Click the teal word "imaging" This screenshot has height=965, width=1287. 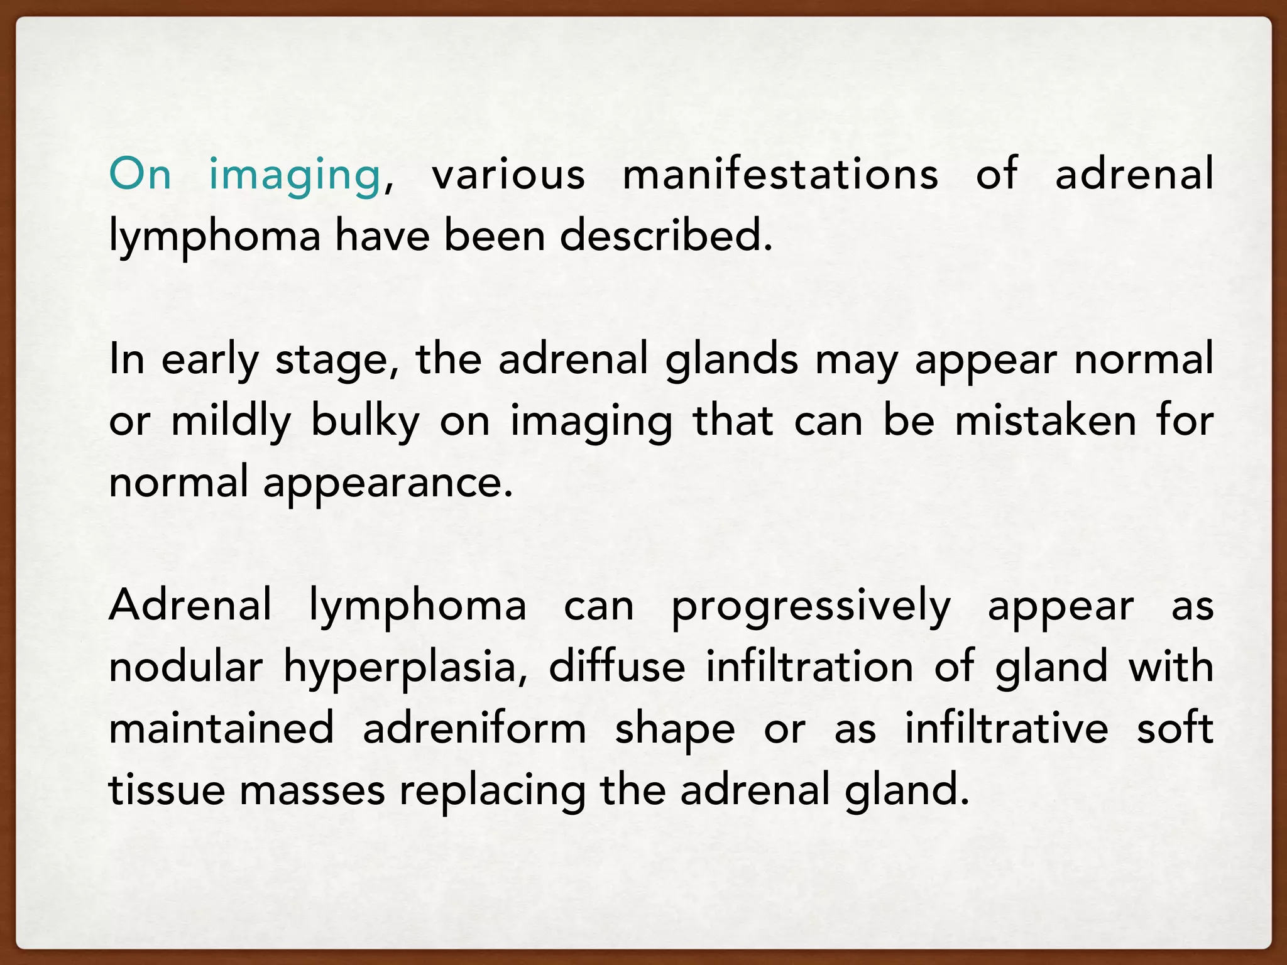[x=294, y=175]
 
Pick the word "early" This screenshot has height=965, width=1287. [x=210, y=360]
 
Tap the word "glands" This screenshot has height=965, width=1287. [x=731, y=360]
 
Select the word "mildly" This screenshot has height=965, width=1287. [x=231, y=422]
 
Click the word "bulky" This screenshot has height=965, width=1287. [x=365, y=422]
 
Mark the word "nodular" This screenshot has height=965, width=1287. [x=185, y=667]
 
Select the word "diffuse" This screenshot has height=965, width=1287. [x=616, y=667]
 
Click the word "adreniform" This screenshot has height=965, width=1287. [x=474, y=729]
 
